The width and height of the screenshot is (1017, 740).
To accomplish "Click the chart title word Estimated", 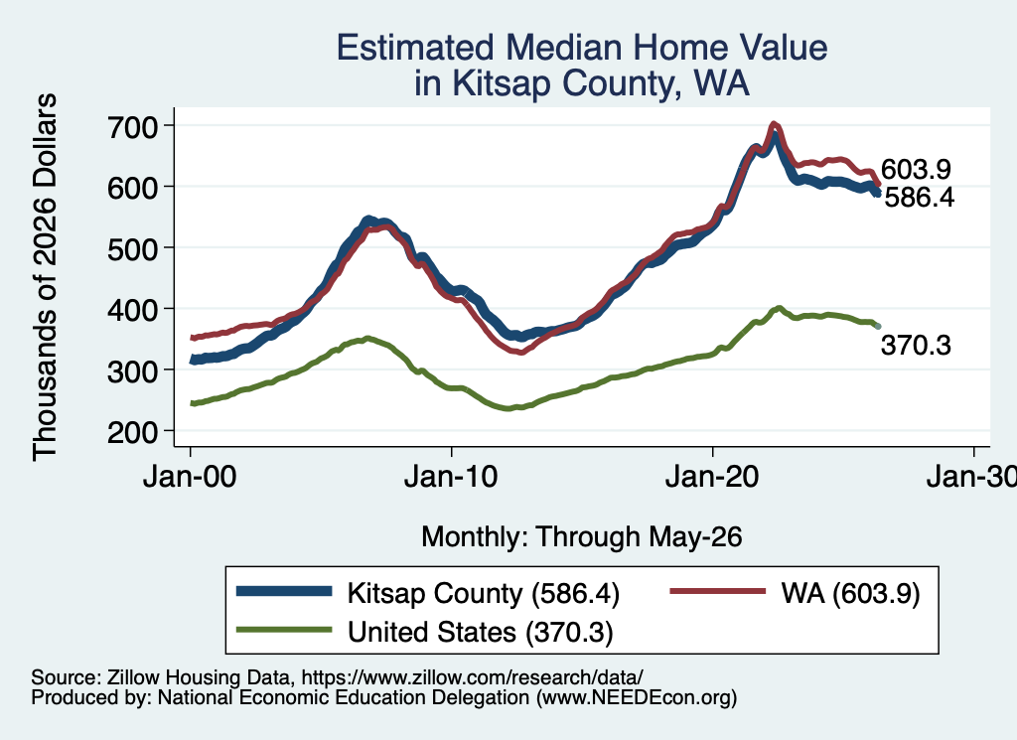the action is [x=415, y=48].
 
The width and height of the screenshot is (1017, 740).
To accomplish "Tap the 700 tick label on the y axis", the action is [x=133, y=126].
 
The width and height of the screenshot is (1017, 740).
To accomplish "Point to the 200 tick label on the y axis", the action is [x=133, y=432].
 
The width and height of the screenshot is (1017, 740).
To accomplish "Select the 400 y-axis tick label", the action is [x=133, y=310].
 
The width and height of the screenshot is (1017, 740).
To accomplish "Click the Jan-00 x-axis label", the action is [x=190, y=477].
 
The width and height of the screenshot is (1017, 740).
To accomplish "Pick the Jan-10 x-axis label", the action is [x=451, y=477].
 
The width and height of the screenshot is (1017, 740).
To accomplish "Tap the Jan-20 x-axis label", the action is [x=712, y=477].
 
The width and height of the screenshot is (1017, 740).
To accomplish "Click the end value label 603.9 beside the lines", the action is [x=916, y=169].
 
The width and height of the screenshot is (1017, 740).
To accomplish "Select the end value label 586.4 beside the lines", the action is [x=920, y=197].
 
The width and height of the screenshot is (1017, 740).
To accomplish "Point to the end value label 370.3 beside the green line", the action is [x=916, y=345].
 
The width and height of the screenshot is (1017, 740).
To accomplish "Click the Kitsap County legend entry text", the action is [x=484, y=593].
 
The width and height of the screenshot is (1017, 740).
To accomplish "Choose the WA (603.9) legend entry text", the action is [x=850, y=593].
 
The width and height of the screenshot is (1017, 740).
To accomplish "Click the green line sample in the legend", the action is [x=284, y=630].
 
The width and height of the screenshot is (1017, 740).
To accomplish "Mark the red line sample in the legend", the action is [x=717, y=591].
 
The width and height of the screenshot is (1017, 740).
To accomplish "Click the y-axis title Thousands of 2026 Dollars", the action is [x=46, y=277].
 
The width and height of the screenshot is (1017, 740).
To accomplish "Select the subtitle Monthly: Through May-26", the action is [x=582, y=537].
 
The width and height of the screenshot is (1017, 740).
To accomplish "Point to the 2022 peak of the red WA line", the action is [x=773, y=124].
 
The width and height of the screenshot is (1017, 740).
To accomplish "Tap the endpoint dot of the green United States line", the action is [x=878, y=326].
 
